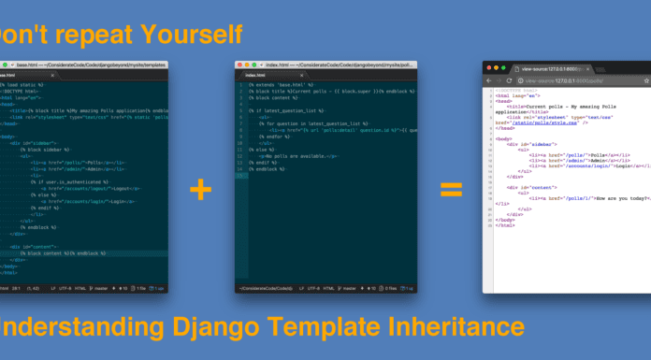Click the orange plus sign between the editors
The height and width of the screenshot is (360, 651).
tap(200, 190)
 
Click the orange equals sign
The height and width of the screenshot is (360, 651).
tap(452, 190)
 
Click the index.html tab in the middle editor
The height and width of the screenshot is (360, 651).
tap(255, 75)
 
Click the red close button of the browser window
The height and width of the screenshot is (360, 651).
tap(489, 68)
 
